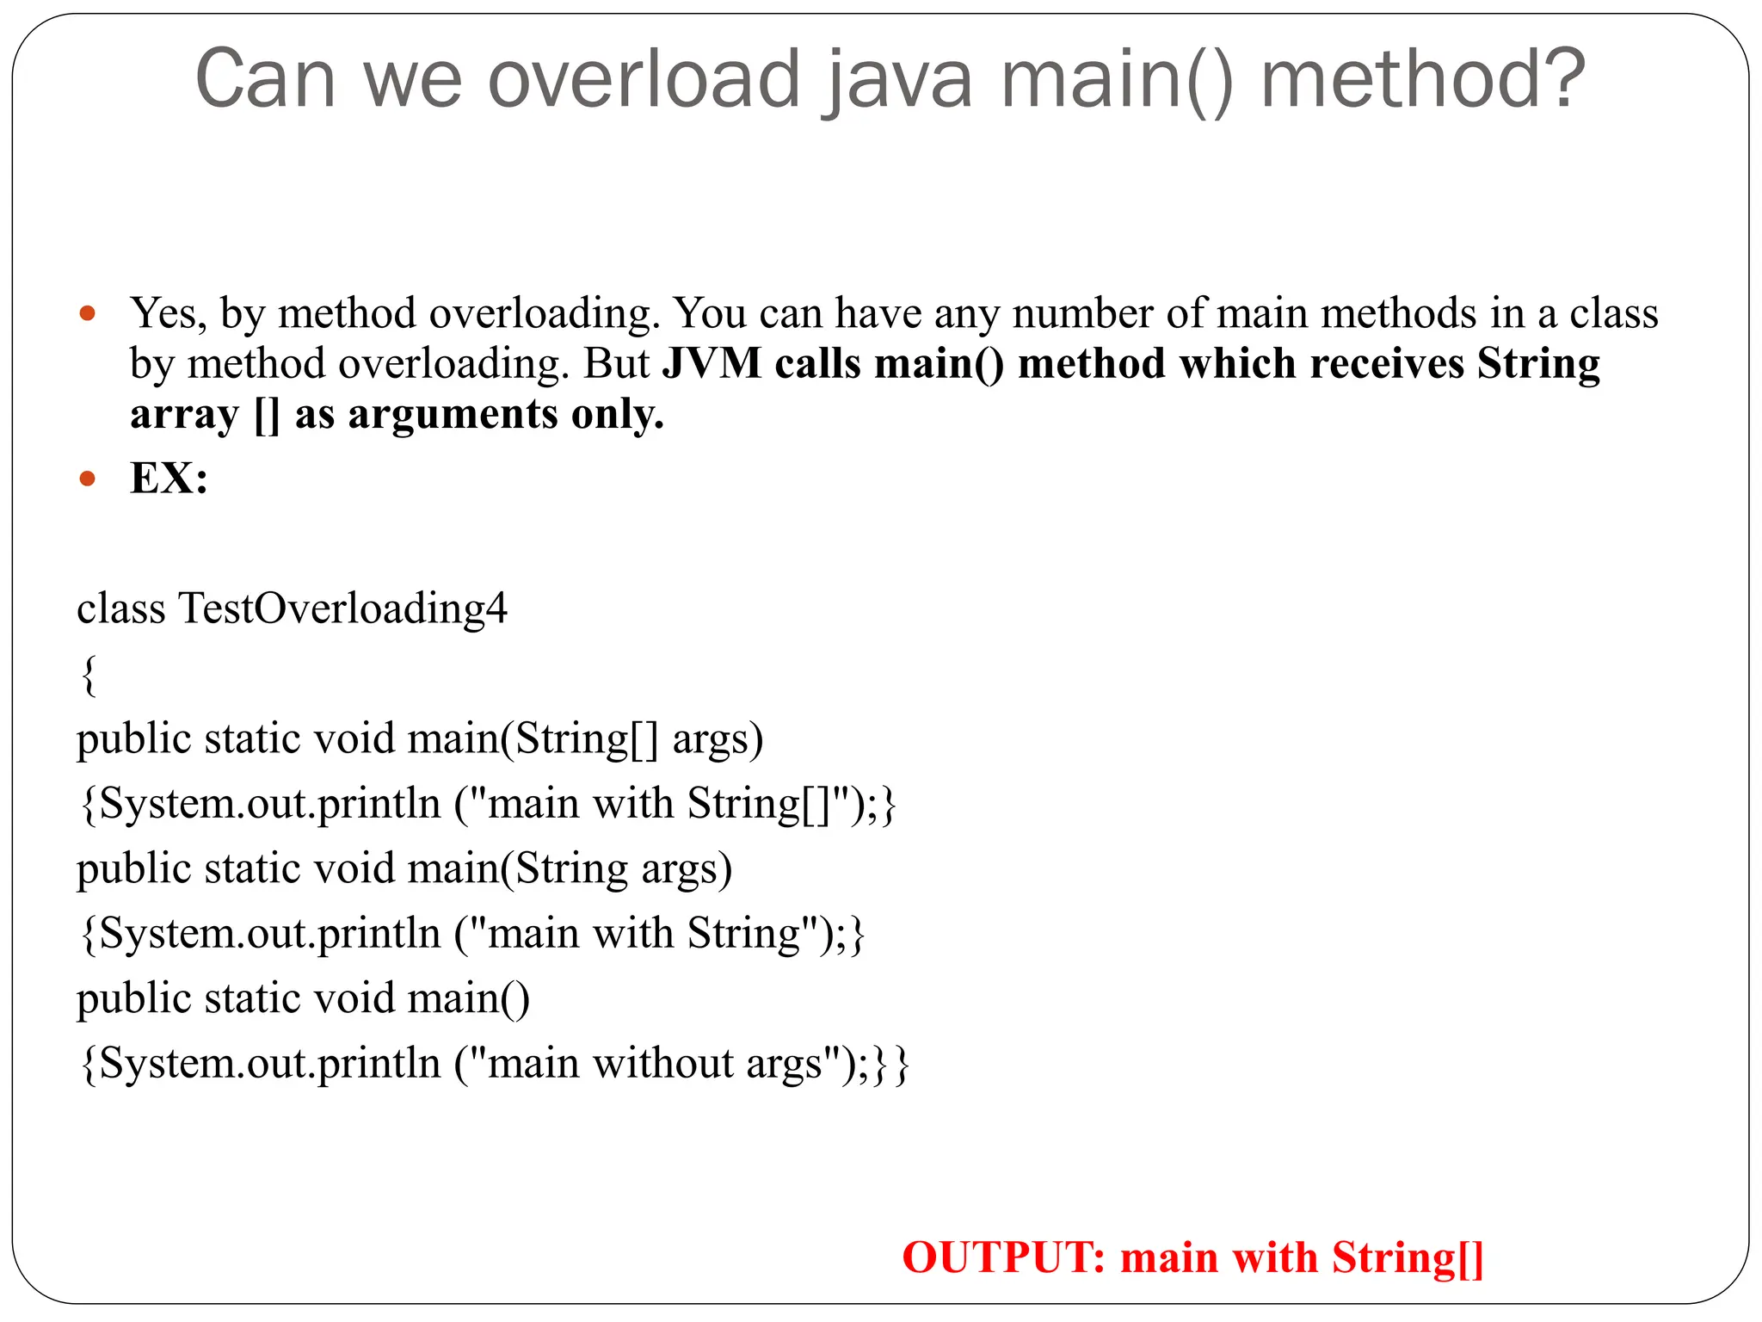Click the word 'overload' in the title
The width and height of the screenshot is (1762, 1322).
(x=644, y=79)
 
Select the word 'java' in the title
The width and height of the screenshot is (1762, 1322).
(x=898, y=79)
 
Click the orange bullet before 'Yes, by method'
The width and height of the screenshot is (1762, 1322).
(x=87, y=313)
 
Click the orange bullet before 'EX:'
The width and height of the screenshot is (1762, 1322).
(x=87, y=479)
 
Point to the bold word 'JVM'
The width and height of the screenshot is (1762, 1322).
(x=712, y=364)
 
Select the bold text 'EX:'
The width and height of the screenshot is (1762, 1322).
(x=169, y=478)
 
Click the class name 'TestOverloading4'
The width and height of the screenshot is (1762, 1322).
(x=342, y=608)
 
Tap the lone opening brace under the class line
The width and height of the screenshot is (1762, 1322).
(x=88, y=674)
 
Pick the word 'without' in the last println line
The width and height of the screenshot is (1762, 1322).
(x=662, y=1064)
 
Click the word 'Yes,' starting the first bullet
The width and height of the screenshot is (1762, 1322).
(x=169, y=314)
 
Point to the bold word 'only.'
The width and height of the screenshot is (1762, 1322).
(x=618, y=415)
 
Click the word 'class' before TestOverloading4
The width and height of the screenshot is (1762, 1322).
(x=120, y=608)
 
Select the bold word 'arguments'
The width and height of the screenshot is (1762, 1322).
(x=453, y=415)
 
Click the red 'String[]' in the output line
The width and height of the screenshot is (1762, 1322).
(x=1408, y=1257)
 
